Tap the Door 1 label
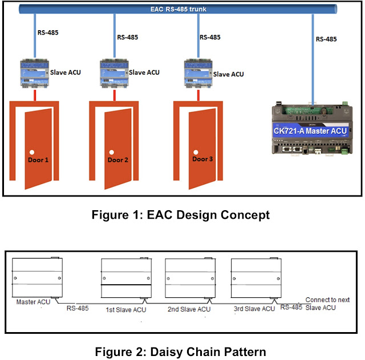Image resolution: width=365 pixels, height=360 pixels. (x=38, y=160)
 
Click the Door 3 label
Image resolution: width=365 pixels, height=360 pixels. (x=202, y=159)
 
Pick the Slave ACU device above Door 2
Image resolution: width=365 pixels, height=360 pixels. (x=113, y=72)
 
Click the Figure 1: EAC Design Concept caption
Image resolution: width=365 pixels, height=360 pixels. (x=182, y=215)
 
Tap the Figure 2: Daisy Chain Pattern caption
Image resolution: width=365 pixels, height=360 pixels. (x=182, y=350)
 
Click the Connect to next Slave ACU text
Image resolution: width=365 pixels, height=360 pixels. (x=325, y=304)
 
